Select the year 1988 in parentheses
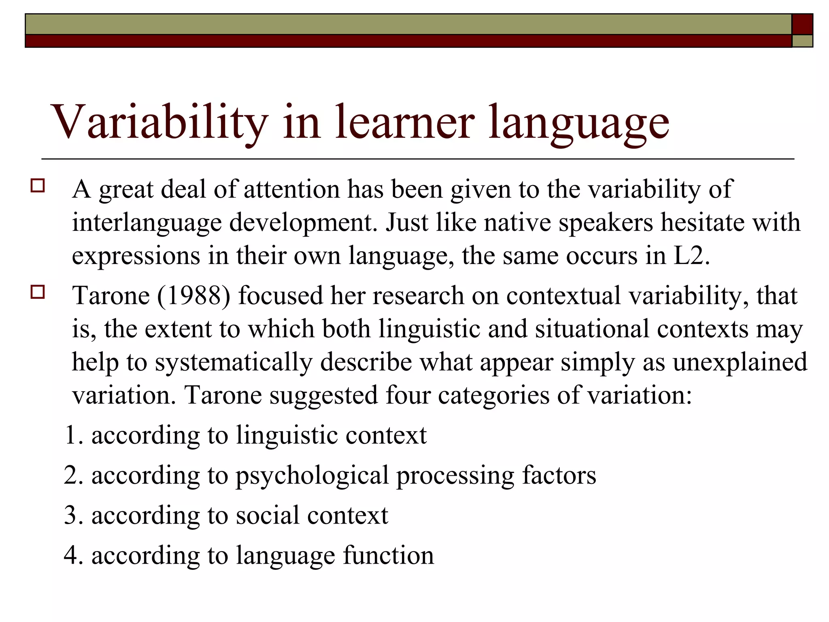(194, 296)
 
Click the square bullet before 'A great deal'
(37, 185)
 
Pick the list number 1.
(72, 435)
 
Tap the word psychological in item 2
(312, 476)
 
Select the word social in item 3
(268, 515)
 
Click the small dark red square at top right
(802, 24)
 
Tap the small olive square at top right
(802, 41)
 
